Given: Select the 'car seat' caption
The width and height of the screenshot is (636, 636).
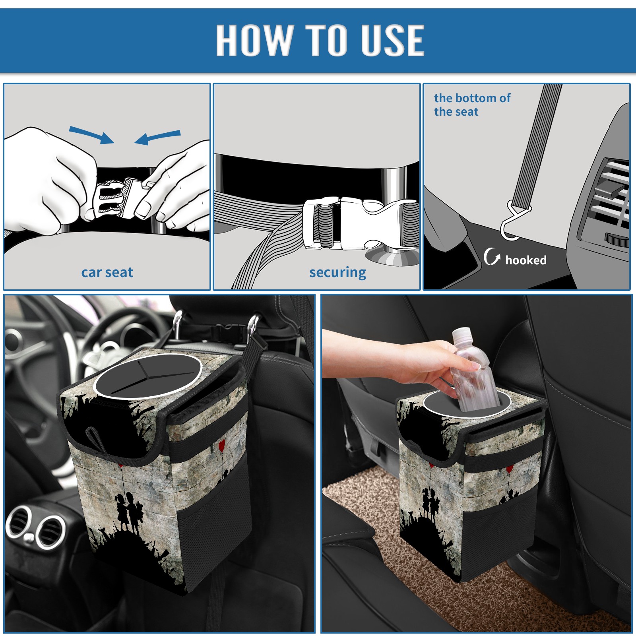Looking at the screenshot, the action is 107,273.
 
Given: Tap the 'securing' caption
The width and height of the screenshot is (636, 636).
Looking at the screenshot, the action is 337,273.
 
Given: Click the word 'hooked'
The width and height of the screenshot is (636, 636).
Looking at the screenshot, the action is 525,260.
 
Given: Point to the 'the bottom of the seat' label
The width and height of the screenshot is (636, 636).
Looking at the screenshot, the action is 472,105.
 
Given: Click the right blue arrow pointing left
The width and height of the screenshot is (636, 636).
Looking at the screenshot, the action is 157,137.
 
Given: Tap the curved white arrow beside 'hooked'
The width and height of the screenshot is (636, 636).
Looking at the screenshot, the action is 492,256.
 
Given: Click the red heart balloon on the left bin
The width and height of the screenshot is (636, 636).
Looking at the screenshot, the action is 222,444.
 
